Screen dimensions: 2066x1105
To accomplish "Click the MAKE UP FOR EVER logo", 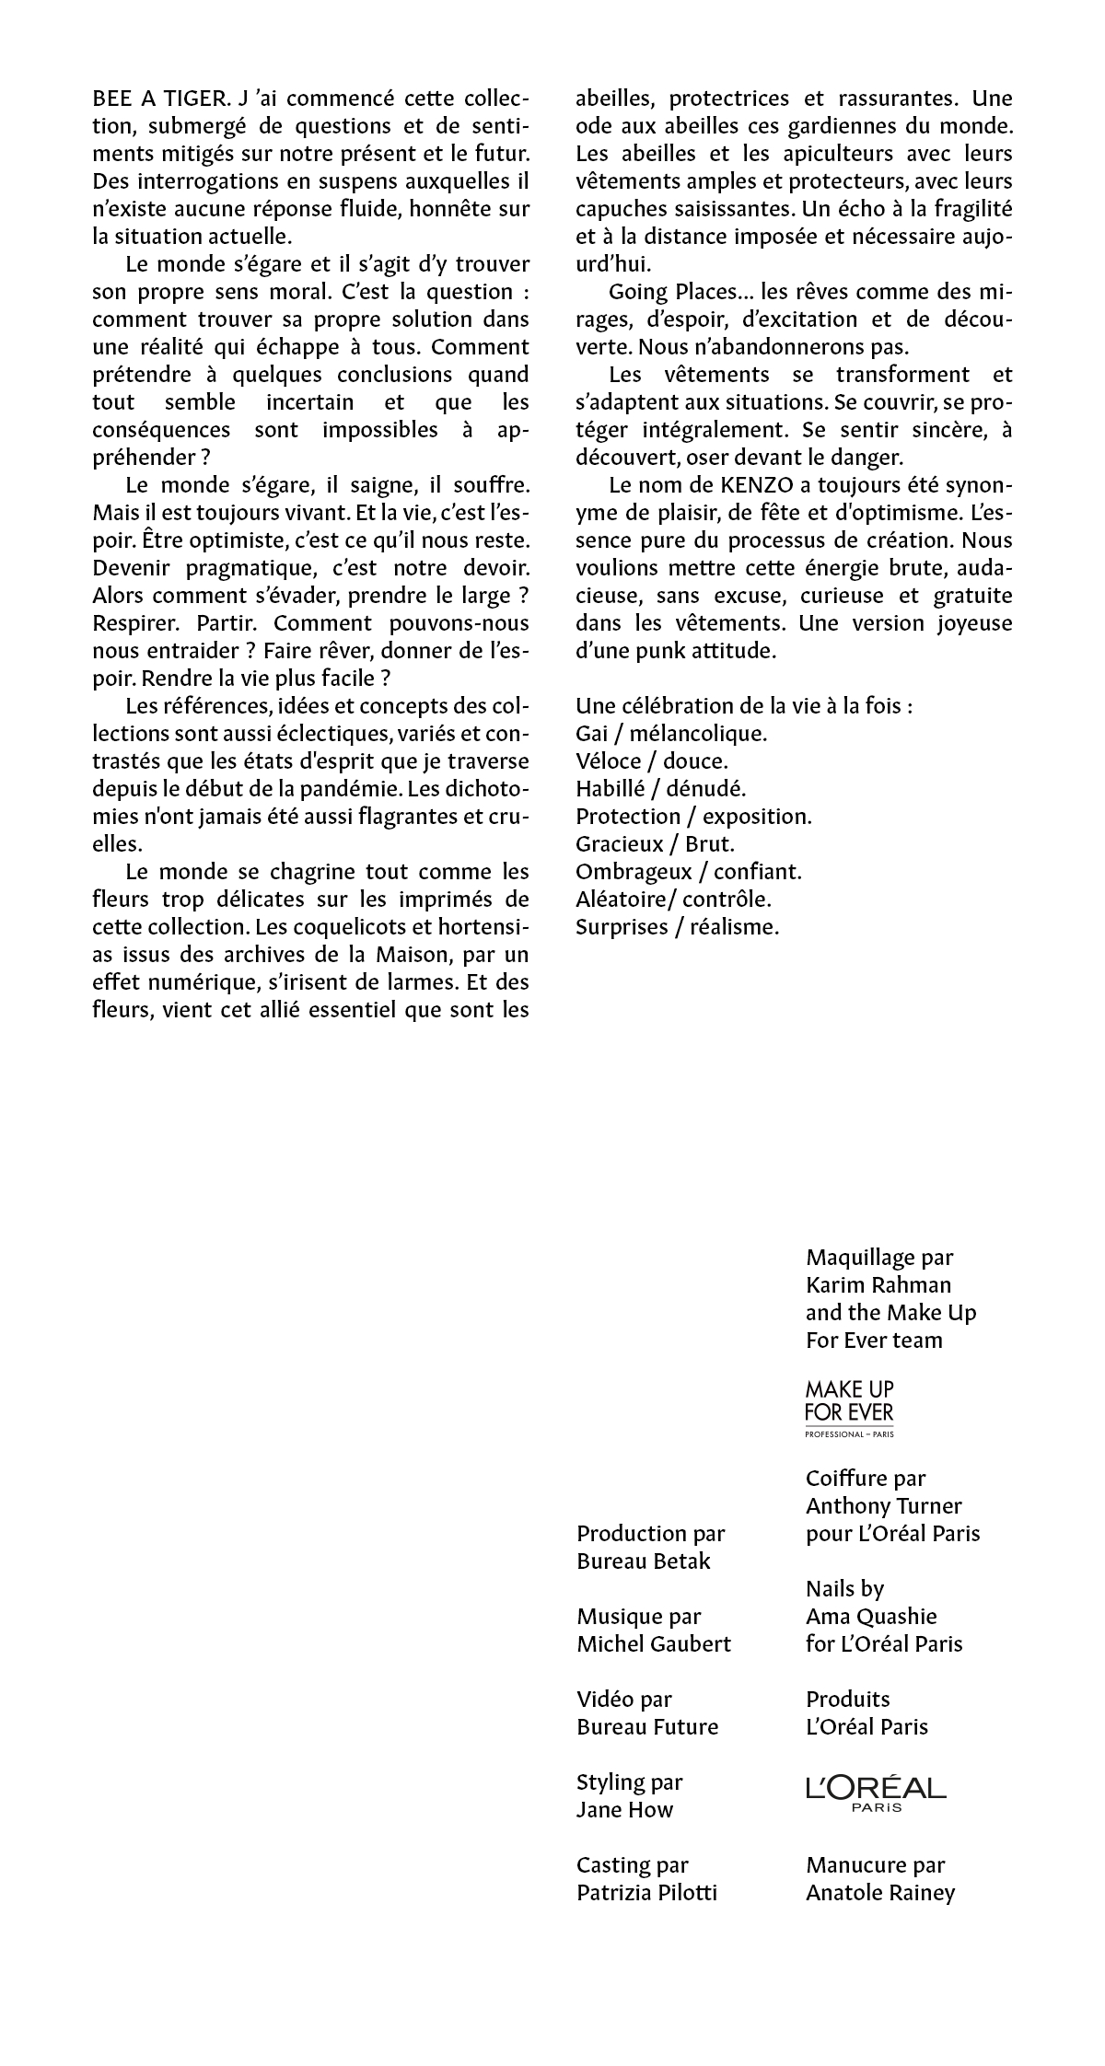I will (x=848, y=1408).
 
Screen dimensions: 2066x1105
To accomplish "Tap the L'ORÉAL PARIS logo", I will (x=875, y=1793).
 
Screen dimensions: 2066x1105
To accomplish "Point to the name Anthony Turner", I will (x=883, y=1505).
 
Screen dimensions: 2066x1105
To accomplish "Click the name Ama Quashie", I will (x=871, y=1616).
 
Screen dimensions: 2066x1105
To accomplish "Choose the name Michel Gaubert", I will (x=654, y=1643).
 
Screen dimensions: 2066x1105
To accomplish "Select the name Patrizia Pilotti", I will (x=646, y=1892).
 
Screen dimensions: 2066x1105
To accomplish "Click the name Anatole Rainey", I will (x=880, y=1892).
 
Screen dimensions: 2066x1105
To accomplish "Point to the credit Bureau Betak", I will (x=644, y=1561).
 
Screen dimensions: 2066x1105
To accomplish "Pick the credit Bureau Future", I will (x=647, y=1726).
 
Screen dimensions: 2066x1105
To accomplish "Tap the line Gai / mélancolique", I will (x=671, y=734).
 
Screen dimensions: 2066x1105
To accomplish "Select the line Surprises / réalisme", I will (x=677, y=927).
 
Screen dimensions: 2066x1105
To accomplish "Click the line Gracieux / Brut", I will (x=655, y=844).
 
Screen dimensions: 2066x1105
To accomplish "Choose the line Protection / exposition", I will (x=693, y=817).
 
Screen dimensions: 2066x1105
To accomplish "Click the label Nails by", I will (x=844, y=1588).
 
